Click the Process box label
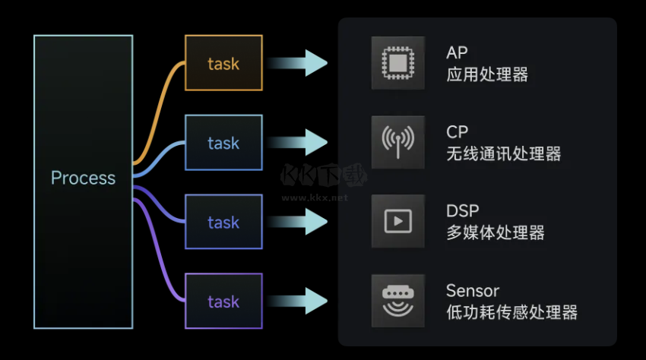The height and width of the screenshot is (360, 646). point(83,178)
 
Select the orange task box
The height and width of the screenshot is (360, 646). point(223,64)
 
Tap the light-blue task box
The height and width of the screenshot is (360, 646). point(223,143)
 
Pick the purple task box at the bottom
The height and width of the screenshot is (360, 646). point(223,302)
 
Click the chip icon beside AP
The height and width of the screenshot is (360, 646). point(398,62)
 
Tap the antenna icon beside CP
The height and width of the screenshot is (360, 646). point(398,142)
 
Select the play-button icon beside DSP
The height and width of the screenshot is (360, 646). point(398,221)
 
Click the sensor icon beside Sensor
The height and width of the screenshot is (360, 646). point(398,300)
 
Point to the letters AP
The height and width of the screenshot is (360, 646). point(457,52)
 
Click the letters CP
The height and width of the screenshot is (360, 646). point(457,132)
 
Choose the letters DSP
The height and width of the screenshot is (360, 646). point(463,211)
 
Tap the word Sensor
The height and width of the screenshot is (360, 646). point(473,290)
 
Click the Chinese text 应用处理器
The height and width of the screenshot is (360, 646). point(487,74)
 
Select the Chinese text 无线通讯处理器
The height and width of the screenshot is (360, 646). point(504,154)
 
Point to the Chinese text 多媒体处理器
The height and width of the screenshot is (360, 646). point(496,233)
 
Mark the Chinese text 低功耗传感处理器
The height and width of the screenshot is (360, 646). point(512,312)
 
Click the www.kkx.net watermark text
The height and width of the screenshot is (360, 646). point(315,197)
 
